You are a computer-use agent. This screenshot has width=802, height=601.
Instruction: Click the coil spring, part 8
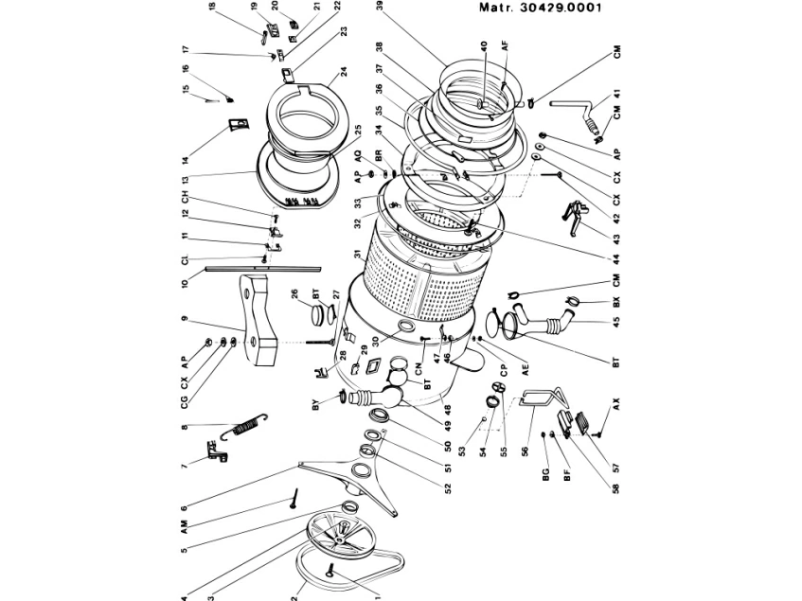[x=244, y=429]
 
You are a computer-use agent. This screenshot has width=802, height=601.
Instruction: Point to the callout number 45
[x=616, y=323]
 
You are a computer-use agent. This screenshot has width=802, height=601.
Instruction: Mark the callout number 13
[x=187, y=179]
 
